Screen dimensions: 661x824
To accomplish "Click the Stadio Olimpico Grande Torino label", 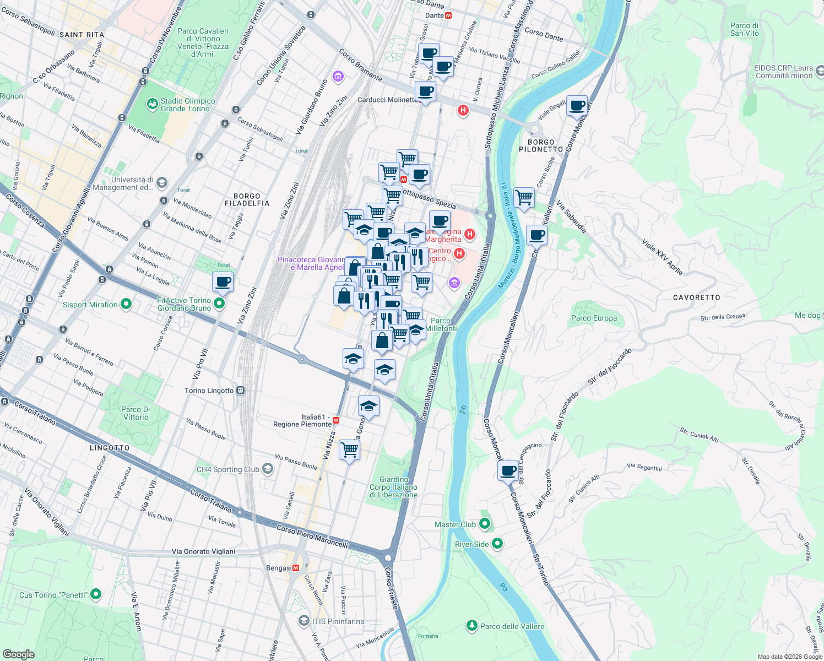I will coord(185,105).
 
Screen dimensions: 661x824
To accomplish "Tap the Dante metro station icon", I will coord(448,15).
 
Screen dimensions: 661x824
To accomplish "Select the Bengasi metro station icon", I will coord(296,568).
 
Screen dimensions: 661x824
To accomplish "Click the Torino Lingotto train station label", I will coord(209,391).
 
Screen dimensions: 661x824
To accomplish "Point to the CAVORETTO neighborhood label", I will coord(696,297).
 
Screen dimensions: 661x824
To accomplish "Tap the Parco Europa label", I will coord(594,318).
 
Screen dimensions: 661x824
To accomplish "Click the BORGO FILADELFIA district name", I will coord(247,199).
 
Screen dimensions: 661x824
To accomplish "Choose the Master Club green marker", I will coord(485,524).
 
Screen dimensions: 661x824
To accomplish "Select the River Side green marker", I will coord(497,544).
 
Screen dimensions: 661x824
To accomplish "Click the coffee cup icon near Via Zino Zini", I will coord(223,283).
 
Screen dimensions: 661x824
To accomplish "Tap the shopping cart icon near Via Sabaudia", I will coord(524,197).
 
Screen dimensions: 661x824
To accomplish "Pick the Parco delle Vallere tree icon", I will coord(471,626).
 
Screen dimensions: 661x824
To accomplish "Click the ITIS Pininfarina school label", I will coord(338,621).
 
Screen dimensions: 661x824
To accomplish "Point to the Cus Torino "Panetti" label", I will coord(53,595).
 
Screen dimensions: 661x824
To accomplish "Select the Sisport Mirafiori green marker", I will coord(126,304).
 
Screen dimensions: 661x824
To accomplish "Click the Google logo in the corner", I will coord(18,654).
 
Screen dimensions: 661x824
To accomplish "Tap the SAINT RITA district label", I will coord(82,35).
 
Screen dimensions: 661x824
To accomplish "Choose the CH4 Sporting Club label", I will coord(227,469).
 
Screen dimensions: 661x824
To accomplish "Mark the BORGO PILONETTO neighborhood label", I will coord(540,145).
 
